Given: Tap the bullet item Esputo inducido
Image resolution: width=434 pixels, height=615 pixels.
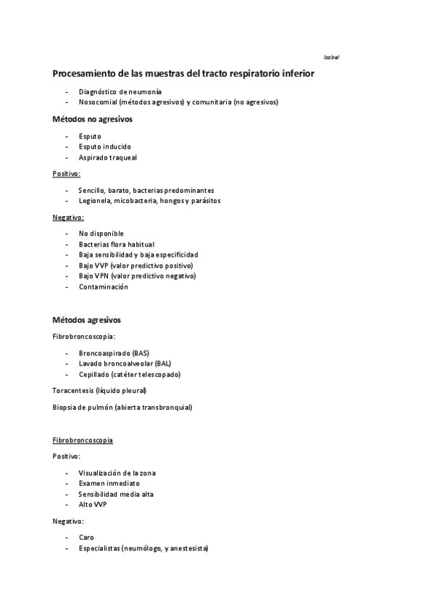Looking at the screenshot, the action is click(105, 146).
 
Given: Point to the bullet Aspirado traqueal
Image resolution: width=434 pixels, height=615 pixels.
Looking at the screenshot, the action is click(108, 157).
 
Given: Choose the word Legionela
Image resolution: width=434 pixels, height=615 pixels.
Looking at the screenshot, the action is click(96, 200).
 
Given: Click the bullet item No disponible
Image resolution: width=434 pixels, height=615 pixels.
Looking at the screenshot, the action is click(101, 234).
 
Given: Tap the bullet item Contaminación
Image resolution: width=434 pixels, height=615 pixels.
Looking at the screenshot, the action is click(104, 286).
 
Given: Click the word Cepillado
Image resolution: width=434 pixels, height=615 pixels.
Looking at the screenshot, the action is click(94, 374).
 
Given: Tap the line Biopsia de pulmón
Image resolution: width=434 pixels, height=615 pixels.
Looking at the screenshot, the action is click(122, 407).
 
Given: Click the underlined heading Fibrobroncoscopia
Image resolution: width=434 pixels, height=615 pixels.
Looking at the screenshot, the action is click(83, 440).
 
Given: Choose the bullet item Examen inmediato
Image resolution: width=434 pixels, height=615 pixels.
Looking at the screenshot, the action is click(109, 483).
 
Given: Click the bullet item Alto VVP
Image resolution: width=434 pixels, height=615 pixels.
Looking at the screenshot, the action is click(93, 504).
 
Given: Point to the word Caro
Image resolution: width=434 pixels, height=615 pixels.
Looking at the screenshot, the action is click(86, 537).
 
